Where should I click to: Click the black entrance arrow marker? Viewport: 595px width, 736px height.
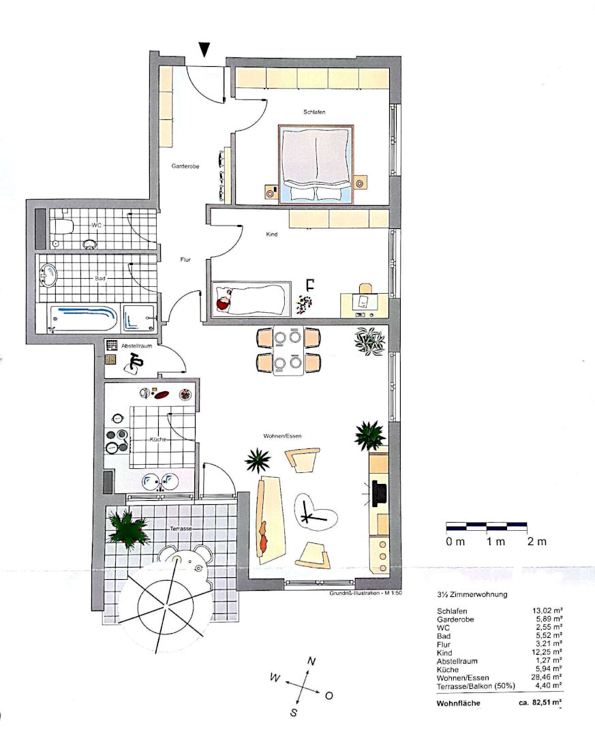[204, 49]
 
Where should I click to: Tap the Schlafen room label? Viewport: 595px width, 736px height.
[314, 112]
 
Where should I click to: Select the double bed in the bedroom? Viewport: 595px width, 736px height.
[316, 164]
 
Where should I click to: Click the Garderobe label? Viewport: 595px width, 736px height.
[185, 166]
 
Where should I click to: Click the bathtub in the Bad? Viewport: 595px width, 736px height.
[84, 319]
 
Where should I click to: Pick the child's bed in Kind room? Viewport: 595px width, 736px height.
[251, 298]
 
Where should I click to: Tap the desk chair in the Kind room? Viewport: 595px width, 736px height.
[365, 288]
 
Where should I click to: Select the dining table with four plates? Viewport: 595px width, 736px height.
[288, 351]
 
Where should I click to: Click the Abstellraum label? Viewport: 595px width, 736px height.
[137, 346]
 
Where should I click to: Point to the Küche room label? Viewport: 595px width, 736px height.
[158, 440]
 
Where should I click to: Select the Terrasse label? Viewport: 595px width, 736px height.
[181, 529]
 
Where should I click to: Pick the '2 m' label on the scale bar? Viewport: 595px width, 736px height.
[537, 542]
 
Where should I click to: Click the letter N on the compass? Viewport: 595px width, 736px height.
[311, 661]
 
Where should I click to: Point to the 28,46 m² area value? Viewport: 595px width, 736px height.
[547, 677]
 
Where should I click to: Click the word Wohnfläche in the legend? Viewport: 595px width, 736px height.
[458, 703]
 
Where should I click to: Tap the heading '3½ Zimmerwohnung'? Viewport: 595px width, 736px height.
[472, 594]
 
